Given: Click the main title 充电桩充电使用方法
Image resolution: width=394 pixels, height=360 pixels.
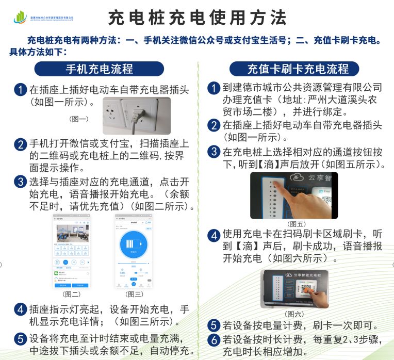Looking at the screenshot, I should [197, 18].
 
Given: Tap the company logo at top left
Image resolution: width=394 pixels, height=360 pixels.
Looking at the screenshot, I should [21, 18].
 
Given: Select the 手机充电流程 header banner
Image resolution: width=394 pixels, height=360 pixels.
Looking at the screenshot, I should [99, 69].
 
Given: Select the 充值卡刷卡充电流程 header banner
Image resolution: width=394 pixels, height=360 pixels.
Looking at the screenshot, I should [298, 69].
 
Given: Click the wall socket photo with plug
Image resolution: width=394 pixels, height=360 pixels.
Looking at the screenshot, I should [137, 116].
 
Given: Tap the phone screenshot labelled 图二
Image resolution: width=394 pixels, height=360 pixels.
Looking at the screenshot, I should [71, 251].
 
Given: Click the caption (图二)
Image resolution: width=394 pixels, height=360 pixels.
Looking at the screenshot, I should [71, 294].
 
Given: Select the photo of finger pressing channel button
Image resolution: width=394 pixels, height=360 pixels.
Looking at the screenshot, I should [294, 195].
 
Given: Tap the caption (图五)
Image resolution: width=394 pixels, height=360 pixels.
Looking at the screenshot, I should [297, 224].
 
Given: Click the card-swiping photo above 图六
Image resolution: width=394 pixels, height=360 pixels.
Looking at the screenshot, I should [294, 289].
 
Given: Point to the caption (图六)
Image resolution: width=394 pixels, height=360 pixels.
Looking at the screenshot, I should [294, 314].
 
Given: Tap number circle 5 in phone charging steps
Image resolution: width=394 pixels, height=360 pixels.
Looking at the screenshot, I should [21, 339].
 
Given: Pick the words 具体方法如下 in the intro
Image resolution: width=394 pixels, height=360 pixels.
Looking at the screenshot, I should [37, 52].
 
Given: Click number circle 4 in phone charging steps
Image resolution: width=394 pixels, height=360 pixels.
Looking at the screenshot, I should [21, 310].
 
